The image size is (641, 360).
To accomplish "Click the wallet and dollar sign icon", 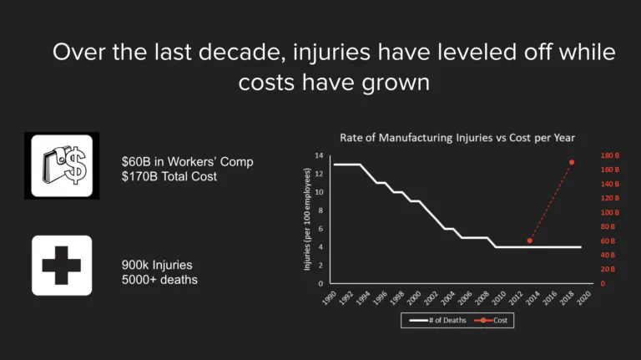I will click(x=62, y=165).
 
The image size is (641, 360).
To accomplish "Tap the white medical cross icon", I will click(x=62, y=266).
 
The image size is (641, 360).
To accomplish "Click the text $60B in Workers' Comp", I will click(x=187, y=161).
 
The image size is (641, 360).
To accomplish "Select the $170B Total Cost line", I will click(x=169, y=175).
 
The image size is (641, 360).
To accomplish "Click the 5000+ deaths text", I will click(x=159, y=279).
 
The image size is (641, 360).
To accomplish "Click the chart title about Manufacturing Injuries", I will click(x=457, y=137).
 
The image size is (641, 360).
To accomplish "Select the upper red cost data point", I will click(x=572, y=162).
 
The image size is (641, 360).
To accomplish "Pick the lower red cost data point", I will click(x=530, y=241).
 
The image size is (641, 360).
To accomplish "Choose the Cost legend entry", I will click(x=492, y=321).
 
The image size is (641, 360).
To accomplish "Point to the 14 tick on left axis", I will click(x=319, y=155).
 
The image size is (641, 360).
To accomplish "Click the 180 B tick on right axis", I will click(x=609, y=155).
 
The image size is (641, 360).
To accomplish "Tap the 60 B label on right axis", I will click(x=607, y=241).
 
